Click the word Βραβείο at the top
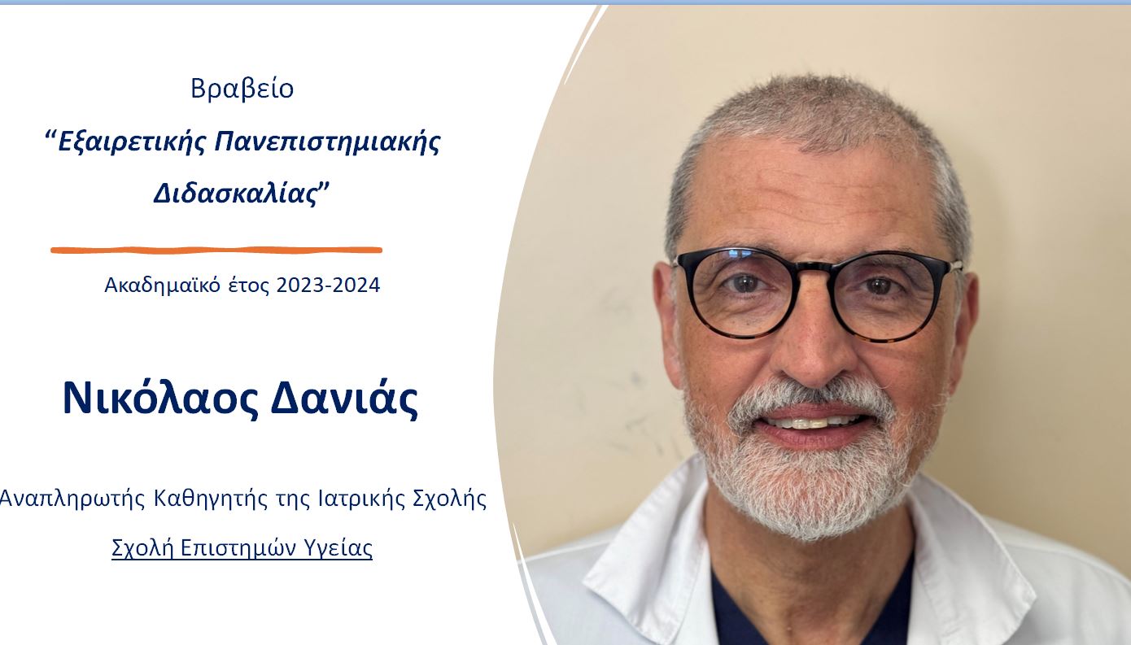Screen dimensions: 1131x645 point(242,89)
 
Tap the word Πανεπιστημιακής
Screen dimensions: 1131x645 point(328,142)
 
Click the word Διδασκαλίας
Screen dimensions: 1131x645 point(235,193)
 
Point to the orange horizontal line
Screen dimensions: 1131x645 point(216,250)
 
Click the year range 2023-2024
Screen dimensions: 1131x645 point(328,285)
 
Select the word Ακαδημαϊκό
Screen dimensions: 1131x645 point(162,285)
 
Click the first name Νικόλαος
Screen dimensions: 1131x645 point(160,399)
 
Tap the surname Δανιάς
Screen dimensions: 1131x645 point(344,399)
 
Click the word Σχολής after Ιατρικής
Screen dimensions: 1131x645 point(450,499)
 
